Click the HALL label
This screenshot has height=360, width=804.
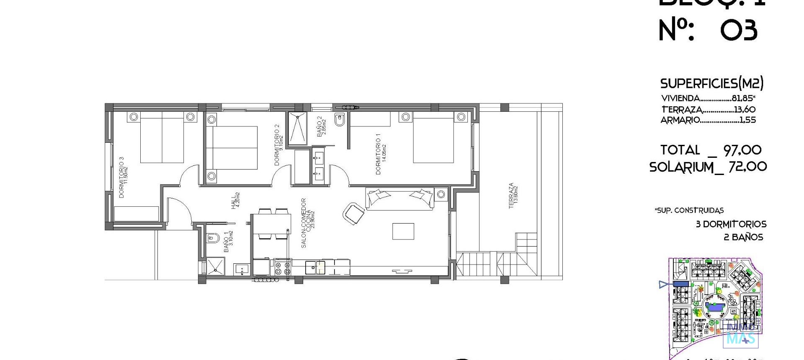[x=235, y=201]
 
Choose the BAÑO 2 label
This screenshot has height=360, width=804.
[x=321, y=127]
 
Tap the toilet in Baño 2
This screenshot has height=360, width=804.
[x=340, y=120]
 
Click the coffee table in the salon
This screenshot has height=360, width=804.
[x=403, y=231]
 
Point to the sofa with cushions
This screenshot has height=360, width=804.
[x=400, y=199]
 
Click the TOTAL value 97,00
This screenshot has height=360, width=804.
[x=742, y=150]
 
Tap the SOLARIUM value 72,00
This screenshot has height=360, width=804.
[x=747, y=167]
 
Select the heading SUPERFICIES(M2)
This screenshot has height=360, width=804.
[x=711, y=83]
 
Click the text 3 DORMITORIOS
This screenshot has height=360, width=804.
[x=731, y=224]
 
